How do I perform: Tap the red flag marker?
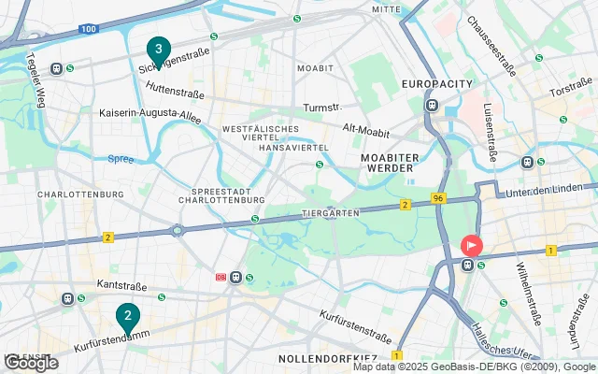point(472,247)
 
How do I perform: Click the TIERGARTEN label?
point(331,213)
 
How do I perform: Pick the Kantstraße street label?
point(122,282)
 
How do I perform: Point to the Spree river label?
point(120,159)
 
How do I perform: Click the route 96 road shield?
point(438,199)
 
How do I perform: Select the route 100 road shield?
point(89,30)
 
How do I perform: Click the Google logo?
point(30,363)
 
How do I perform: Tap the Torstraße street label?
point(571,92)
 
